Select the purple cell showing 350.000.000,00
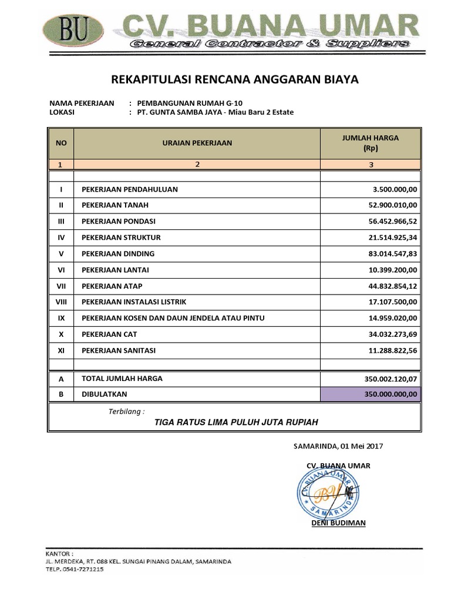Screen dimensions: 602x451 tap(371, 394)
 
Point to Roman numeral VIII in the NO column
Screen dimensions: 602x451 tap(61, 302)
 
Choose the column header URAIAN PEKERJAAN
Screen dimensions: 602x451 tap(197, 143)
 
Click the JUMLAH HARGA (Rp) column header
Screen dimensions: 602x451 tap(370, 143)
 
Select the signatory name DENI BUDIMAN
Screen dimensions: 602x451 tap(338, 523)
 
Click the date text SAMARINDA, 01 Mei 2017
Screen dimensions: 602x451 tap(338, 446)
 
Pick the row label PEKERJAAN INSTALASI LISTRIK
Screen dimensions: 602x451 tap(134, 302)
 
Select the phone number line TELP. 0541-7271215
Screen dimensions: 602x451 tap(75, 569)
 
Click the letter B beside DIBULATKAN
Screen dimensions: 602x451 tap(61, 394)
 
